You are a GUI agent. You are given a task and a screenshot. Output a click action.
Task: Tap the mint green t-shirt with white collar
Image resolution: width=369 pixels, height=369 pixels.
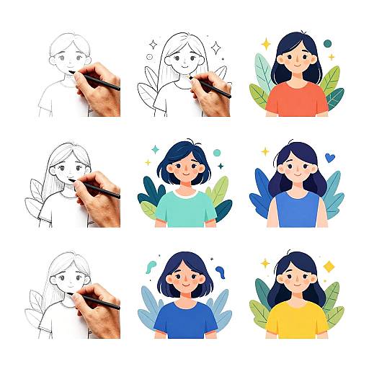point(185,209)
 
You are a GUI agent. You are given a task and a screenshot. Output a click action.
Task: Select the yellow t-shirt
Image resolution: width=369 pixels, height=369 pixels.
point(296,320)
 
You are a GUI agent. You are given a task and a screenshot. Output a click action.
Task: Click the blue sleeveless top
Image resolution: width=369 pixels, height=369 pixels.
point(297,210)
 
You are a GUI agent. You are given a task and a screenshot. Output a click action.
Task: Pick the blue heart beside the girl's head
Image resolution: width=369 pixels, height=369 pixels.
point(329,156)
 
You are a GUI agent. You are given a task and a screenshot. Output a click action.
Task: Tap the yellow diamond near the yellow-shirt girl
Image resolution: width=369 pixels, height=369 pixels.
point(329,267)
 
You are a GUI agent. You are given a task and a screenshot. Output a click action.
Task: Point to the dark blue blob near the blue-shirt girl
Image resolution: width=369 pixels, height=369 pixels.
point(221,272)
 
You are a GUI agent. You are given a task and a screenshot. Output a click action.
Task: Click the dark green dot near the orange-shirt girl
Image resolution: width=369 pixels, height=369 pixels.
point(327,44)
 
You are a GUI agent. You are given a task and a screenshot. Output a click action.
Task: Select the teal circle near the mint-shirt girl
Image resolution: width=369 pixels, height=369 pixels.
point(217,152)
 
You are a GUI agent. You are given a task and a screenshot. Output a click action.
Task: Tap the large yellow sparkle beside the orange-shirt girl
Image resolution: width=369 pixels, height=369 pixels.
point(265,44)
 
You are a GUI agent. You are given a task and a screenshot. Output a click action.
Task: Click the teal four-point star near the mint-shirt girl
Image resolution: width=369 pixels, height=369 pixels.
point(154,149)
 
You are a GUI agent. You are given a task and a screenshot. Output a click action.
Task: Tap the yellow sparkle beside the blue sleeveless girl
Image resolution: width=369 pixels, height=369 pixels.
point(264,151)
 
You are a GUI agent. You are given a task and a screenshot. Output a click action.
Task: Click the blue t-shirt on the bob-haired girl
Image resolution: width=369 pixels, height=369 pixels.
point(185,320)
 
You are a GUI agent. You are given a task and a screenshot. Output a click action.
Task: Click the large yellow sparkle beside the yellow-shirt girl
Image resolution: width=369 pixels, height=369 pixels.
point(264,263)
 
